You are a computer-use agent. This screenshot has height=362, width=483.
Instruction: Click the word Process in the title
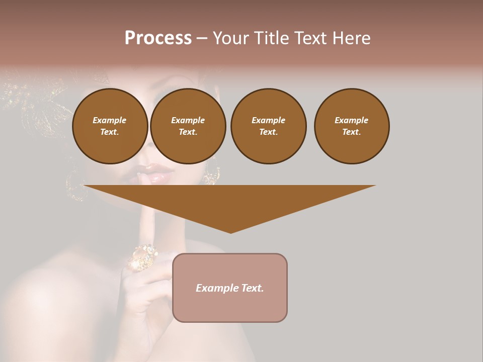pos(158,38)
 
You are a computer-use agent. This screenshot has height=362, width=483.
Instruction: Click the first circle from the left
pos(110,126)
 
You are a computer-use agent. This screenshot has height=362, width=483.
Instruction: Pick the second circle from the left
pos(188,126)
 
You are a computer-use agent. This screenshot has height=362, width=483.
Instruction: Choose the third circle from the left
pos(268,126)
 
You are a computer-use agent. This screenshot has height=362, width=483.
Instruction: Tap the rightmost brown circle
pos(351,126)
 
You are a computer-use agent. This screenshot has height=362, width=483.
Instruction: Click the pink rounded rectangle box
pos(230,288)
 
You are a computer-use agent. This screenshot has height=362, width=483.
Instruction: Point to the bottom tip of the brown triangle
pos(230,232)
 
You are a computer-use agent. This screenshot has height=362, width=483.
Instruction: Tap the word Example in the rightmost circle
pos(351,120)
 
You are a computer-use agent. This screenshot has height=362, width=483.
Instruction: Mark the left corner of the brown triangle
pos(85,186)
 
